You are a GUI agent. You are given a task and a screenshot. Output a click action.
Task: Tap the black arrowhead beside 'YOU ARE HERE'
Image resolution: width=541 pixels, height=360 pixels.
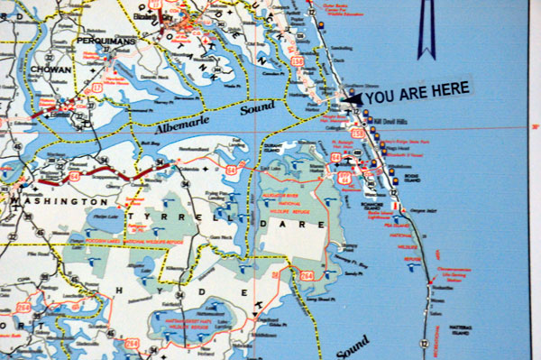pyautogui.click(x=350, y=97)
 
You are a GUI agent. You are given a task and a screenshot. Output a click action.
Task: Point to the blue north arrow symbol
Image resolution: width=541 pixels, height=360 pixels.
pyautogui.click(x=423, y=27)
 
